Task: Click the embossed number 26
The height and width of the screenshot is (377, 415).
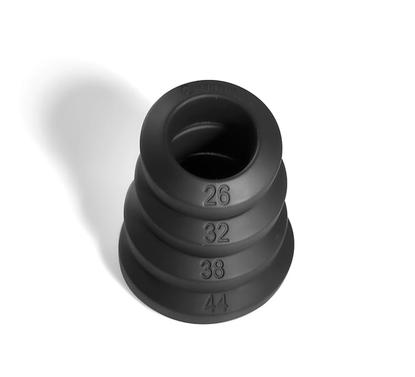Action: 216,195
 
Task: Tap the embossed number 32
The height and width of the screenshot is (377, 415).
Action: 216,233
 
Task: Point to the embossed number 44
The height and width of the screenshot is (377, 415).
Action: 216,303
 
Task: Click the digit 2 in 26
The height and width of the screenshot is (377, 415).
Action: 210,195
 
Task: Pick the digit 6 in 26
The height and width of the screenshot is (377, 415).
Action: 223,195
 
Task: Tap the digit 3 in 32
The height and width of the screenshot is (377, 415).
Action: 210,233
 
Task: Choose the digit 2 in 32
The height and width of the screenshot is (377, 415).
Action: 222,233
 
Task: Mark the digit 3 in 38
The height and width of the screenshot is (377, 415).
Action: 206,269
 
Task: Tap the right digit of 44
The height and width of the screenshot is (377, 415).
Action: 222,303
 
